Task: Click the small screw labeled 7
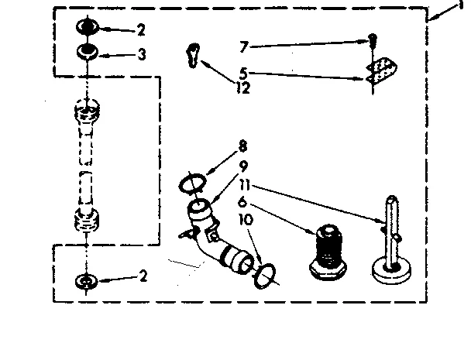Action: [x=373, y=39]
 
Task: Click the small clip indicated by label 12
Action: [x=192, y=56]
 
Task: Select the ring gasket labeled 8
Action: [x=191, y=183]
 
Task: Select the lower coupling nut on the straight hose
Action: [x=87, y=222]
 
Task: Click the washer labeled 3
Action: [x=87, y=53]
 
